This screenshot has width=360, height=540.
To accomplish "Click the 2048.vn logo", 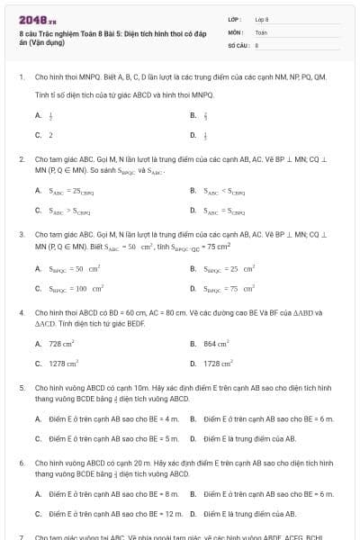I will click(x=31, y=19).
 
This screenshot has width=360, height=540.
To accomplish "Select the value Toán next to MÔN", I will click(x=261, y=31).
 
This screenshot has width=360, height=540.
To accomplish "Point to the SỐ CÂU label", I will click(x=238, y=43).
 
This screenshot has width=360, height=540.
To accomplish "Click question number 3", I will click(x=21, y=233).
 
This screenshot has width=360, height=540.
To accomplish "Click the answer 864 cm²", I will click(x=216, y=344).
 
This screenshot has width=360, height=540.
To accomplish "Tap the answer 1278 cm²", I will click(x=63, y=364).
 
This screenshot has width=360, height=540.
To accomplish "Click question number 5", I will click(x=21, y=387).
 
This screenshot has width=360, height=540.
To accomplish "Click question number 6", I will click(x=21, y=462).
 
